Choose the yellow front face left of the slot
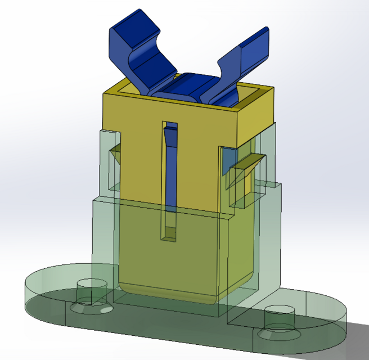[135, 169]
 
